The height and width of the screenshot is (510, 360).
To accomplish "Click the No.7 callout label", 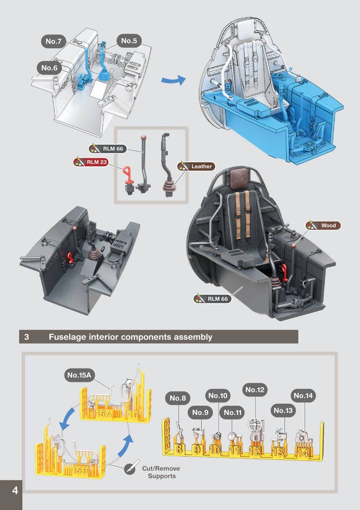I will pos(54,42).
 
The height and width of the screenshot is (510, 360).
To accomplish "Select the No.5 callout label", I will pos(129,41).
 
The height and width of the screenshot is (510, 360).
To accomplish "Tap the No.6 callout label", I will pos(49,68).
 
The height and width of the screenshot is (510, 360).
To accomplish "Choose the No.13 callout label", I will pos(283,410).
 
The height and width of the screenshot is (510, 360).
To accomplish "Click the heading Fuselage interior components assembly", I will pos(130,337).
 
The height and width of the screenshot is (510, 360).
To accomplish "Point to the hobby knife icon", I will pos(129,469).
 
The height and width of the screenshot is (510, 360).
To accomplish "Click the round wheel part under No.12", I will pos(255,424).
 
